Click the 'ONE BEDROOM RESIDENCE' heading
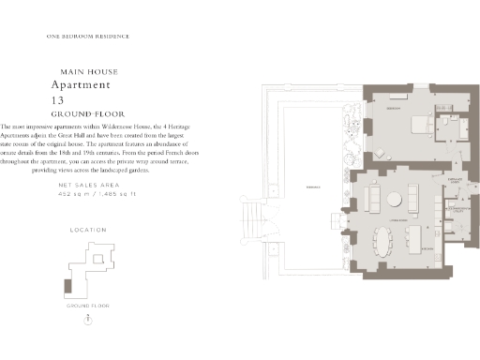click(87, 37)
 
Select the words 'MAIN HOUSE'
click(87, 71)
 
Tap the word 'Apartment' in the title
click(87, 84)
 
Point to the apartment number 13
click(59, 98)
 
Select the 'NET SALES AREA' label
click(87, 187)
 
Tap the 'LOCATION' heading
click(88, 230)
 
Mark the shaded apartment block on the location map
click(66, 284)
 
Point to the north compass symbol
click(87, 321)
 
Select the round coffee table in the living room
click(393, 199)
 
